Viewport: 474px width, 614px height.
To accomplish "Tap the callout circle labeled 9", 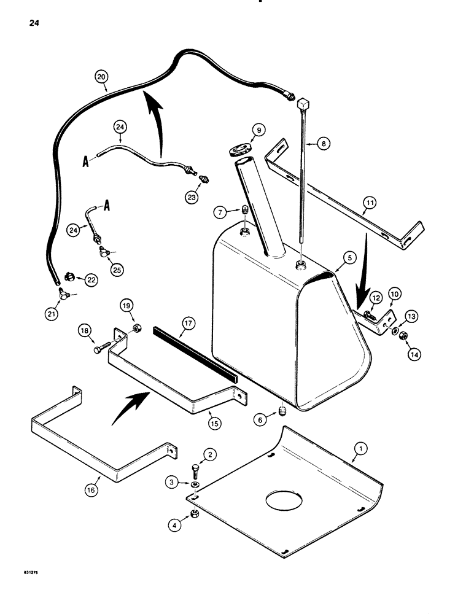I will tap(258, 130).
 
